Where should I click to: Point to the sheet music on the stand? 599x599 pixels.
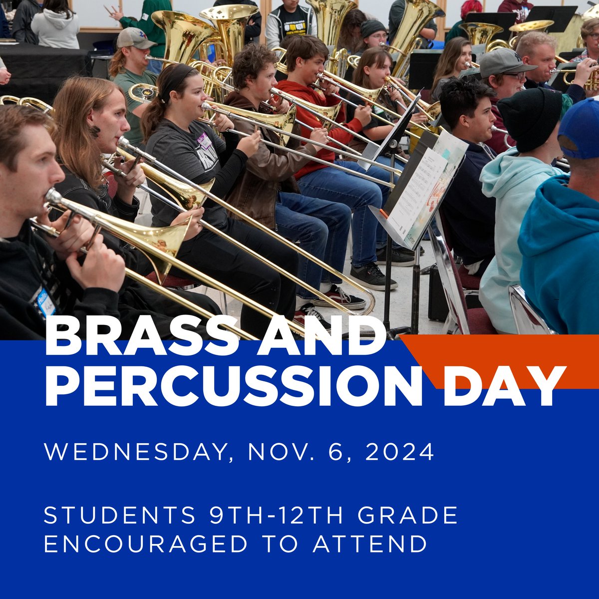417,192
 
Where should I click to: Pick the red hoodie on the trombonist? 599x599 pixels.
319,130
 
